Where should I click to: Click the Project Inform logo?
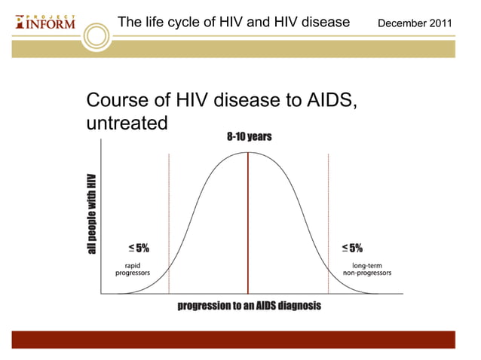click(x=45, y=21)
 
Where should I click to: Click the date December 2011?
click(x=415, y=23)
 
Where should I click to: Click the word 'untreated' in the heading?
click(x=126, y=122)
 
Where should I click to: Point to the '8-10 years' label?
click(x=249, y=137)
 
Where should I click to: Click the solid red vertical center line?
click(x=247, y=226)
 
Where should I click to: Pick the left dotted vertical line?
click(x=169, y=226)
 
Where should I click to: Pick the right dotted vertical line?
click(x=328, y=226)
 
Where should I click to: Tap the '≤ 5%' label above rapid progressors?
click(x=138, y=248)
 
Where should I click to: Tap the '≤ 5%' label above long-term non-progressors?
click(x=351, y=248)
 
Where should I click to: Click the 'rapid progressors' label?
click(x=132, y=269)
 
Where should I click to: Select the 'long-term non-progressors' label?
click(x=367, y=269)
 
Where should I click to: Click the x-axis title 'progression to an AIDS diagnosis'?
click(x=249, y=306)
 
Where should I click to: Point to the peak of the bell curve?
click(x=247, y=153)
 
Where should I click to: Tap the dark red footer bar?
click(x=240, y=339)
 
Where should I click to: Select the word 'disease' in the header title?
click(x=323, y=22)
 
